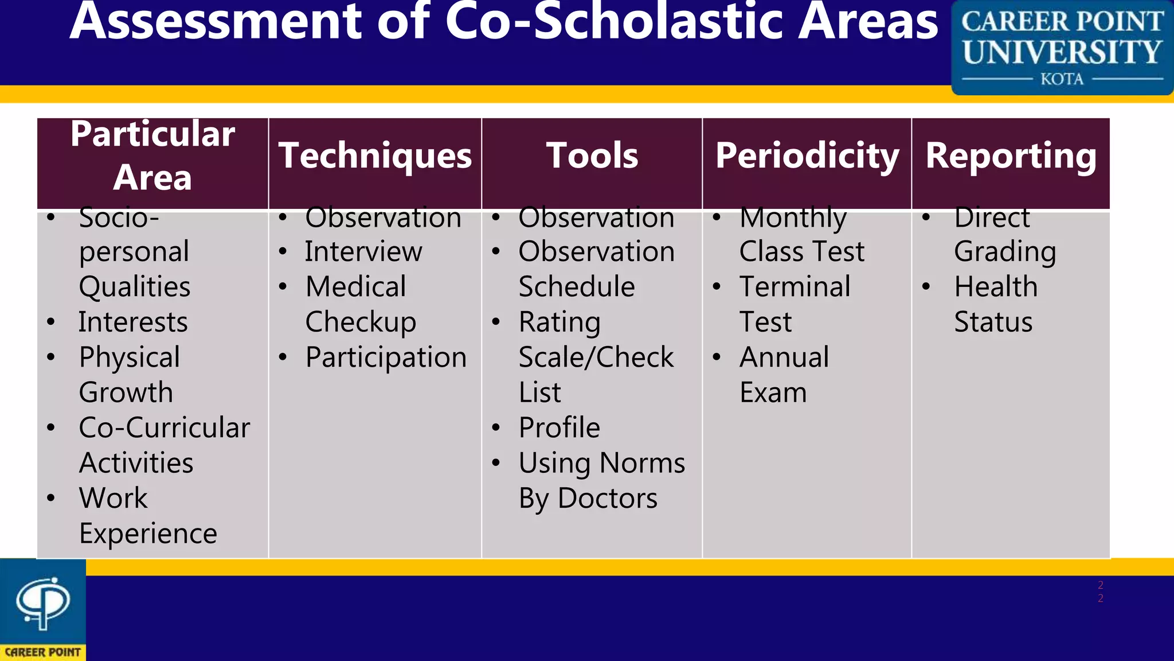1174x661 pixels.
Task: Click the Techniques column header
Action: [x=375, y=156]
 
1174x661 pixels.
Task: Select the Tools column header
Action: [x=592, y=156]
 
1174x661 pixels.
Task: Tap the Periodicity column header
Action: [x=807, y=156]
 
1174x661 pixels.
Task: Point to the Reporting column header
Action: [x=1011, y=156]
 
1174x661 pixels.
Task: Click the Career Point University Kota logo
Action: [x=1062, y=48]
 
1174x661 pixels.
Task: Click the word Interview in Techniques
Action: [x=363, y=252]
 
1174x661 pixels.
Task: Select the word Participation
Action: [x=386, y=358]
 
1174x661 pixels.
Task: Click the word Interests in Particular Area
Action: [x=133, y=322]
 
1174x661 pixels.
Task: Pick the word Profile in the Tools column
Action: [x=559, y=428]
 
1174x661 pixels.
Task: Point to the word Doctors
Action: [x=608, y=499]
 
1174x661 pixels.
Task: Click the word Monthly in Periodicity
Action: [x=793, y=218]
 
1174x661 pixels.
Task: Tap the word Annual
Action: [x=784, y=357]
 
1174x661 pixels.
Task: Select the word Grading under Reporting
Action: [x=1005, y=252]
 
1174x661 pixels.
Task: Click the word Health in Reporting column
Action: [x=996, y=287]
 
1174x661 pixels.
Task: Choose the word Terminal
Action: [x=795, y=287]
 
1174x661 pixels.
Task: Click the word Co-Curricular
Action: [x=165, y=428]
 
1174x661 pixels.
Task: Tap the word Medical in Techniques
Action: [x=355, y=287]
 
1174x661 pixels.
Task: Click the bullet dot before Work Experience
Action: [x=51, y=497]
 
